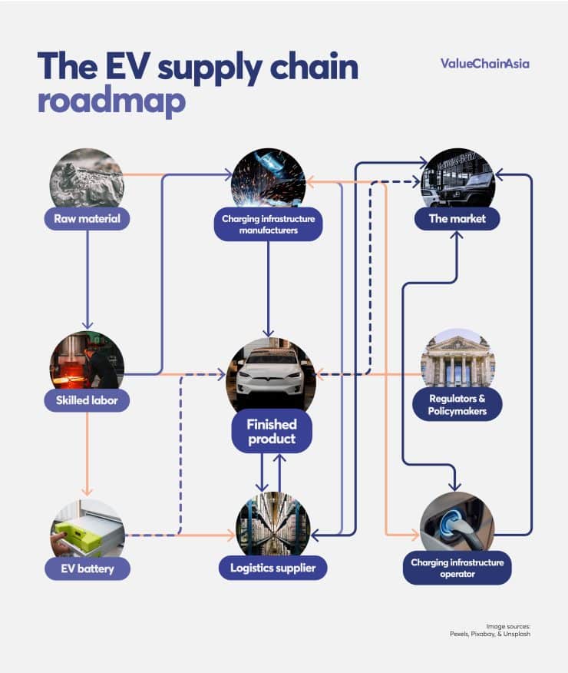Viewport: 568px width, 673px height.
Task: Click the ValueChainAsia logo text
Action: pyautogui.click(x=484, y=63)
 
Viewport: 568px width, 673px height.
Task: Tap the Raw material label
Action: pyautogui.click(x=87, y=218)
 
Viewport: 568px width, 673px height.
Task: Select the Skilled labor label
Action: pyautogui.click(x=87, y=400)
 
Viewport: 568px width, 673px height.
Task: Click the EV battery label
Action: pyautogui.click(x=87, y=569)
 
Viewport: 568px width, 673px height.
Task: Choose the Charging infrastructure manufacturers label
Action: pyautogui.click(x=268, y=224)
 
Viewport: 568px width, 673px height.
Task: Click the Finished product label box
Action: pyautogui.click(x=271, y=431)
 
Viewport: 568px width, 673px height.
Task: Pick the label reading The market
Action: pyautogui.click(x=457, y=218)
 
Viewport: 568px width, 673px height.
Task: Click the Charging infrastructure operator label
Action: pyautogui.click(x=457, y=569)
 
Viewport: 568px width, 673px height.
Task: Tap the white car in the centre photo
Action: pyautogui.click(x=270, y=376)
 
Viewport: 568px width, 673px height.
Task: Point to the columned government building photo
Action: pyautogui.click(x=457, y=360)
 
